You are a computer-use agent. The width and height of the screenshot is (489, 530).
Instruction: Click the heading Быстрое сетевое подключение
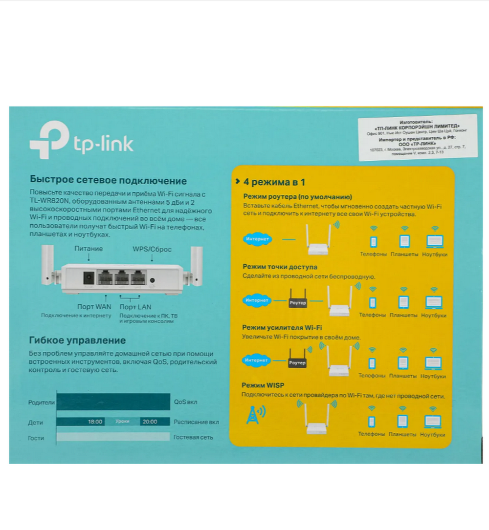108,181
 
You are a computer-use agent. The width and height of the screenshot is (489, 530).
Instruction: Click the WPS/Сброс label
152,249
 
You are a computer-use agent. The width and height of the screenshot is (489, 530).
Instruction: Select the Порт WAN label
94,307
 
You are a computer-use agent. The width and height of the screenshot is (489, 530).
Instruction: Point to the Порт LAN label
135,307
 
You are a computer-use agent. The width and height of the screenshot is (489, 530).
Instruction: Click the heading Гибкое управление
77,340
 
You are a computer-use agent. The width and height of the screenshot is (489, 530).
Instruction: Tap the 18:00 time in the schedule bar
95,422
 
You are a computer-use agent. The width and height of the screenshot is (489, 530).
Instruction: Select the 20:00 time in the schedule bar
150,422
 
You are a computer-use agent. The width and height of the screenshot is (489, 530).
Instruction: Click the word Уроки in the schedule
122,422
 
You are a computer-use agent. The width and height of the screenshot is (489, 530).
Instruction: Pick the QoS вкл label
185,402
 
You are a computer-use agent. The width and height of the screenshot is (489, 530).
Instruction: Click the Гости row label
36,438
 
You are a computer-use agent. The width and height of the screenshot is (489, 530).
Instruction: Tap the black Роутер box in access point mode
298,303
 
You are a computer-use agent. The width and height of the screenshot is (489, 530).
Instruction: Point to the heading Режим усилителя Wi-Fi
282,327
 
